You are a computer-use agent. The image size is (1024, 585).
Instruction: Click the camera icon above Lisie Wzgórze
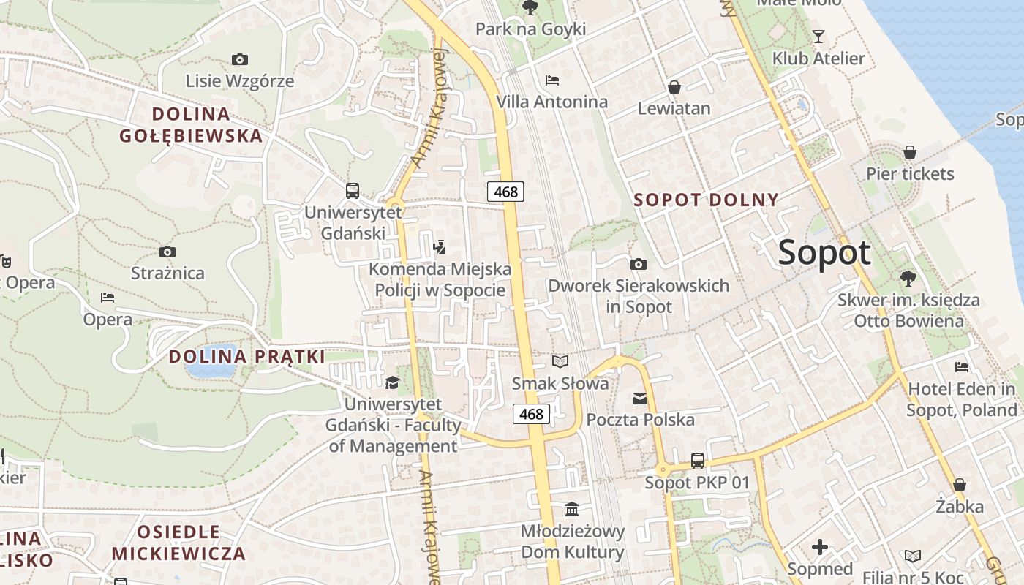point(239,59)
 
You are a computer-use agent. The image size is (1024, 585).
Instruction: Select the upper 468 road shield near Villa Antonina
point(505,192)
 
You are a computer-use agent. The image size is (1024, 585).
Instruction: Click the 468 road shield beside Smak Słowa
point(531,414)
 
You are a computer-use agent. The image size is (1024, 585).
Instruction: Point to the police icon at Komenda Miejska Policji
point(440,247)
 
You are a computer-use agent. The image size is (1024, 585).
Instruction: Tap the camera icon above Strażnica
point(167,252)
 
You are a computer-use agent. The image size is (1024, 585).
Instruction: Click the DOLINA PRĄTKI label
point(247,357)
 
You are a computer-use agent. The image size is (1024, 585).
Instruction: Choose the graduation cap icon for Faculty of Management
point(393,382)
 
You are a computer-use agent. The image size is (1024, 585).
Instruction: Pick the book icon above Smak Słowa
point(560,361)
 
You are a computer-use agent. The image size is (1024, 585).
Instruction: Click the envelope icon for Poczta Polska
point(640,398)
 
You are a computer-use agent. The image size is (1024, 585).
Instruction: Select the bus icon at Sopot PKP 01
point(698,461)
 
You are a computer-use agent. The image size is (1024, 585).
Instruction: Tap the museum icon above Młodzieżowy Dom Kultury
point(572,509)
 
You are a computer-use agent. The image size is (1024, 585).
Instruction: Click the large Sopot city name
point(824,253)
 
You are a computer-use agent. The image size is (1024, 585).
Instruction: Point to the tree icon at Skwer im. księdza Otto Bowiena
point(908,278)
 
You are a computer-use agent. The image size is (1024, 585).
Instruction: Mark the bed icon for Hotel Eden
point(962,366)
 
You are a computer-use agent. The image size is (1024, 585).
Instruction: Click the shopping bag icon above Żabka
point(960,485)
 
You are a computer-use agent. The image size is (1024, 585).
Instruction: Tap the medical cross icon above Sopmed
point(820,547)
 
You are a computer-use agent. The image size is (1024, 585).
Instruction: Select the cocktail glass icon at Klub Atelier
point(818,36)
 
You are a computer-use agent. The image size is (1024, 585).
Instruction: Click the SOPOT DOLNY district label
point(706,200)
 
